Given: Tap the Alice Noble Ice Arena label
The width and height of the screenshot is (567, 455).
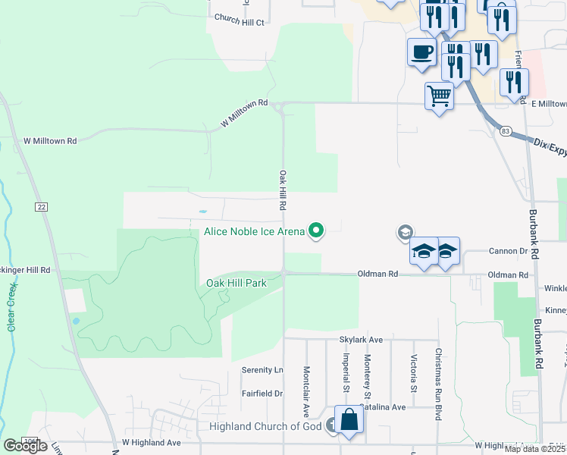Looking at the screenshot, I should (x=254, y=232).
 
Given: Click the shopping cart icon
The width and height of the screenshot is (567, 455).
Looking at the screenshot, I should (x=439, y=96).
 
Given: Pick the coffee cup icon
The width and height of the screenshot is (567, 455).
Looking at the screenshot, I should (x=422, y=52).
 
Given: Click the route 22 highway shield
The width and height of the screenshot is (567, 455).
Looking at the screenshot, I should (x=40, y=206).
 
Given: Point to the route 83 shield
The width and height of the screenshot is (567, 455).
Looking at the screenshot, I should (x=506, y=131).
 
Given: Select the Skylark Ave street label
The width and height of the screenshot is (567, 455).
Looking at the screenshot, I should (x=362, y=340).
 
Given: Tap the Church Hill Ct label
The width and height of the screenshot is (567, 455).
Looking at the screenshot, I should (x=239, y=22).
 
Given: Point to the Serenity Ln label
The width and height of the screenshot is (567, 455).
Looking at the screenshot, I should (x=262, y=370).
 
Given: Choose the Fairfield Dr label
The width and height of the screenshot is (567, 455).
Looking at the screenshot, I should (x=262, y=394).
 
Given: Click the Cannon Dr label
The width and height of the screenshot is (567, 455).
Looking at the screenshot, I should (x=508, y=250).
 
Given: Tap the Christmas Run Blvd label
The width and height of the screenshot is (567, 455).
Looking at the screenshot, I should (x=438, y=384).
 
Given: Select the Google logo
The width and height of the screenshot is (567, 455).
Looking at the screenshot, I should (x=25, y=446).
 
